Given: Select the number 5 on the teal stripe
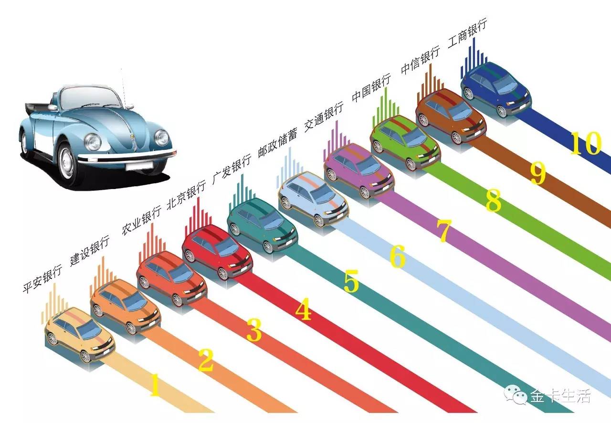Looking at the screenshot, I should [x=351, y=282].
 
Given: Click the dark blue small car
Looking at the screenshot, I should [x=495, y=89].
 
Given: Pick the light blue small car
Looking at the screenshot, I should [x=313, y=199].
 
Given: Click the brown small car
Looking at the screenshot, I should [x=451, y=116].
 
